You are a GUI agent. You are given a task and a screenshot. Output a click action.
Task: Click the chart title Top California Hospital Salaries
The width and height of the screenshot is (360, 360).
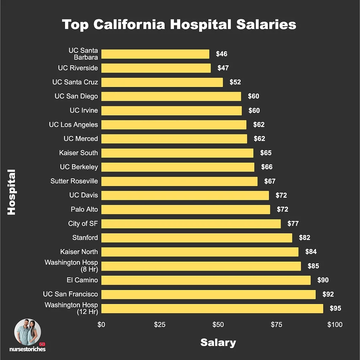(x=179, y=25)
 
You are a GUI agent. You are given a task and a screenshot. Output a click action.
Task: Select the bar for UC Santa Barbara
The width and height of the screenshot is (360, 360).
(x=155, y=54)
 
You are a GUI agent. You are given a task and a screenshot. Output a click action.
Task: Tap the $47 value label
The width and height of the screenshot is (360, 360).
(x=223, y=68)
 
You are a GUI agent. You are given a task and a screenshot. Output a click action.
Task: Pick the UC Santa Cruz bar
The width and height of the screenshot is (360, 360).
(x=162, y=82)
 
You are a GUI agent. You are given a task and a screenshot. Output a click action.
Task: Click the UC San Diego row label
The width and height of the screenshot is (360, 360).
(x=76, y=96)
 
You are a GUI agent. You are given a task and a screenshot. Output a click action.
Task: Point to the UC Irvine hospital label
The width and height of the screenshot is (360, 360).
(x=83, y=110)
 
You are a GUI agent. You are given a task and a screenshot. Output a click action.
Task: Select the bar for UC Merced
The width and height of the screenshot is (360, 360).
(x=174, y=138)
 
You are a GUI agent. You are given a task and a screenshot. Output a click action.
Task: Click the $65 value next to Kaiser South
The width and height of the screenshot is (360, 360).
(x=266, y=153)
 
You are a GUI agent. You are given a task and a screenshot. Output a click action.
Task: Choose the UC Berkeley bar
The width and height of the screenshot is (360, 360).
(x=178, y=167)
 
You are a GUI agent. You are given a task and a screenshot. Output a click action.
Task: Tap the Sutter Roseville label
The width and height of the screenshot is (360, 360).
(x=74, y=181)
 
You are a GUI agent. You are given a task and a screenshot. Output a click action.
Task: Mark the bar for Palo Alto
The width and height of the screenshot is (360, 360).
(x=185, y=209)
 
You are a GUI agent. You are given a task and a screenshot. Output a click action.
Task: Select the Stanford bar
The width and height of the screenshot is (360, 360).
(x=196, y=238)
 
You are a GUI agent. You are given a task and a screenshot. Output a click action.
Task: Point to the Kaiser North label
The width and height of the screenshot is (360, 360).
(x=79, y=252)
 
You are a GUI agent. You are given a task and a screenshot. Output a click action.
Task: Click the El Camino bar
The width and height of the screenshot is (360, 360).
(x=206, y=280)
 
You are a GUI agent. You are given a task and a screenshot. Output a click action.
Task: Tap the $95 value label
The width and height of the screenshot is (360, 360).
(x=335, y=308)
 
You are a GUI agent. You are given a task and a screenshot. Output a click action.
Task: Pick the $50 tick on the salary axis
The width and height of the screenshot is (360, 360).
(x=218, y=324)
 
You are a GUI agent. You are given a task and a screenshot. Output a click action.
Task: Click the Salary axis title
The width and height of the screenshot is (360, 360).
(x=218, y=343)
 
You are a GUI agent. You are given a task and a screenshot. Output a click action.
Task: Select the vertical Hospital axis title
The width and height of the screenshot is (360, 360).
(x=12, y=192)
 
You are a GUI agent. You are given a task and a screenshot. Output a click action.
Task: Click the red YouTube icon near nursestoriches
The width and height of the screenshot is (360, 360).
(x=42, y=344)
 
